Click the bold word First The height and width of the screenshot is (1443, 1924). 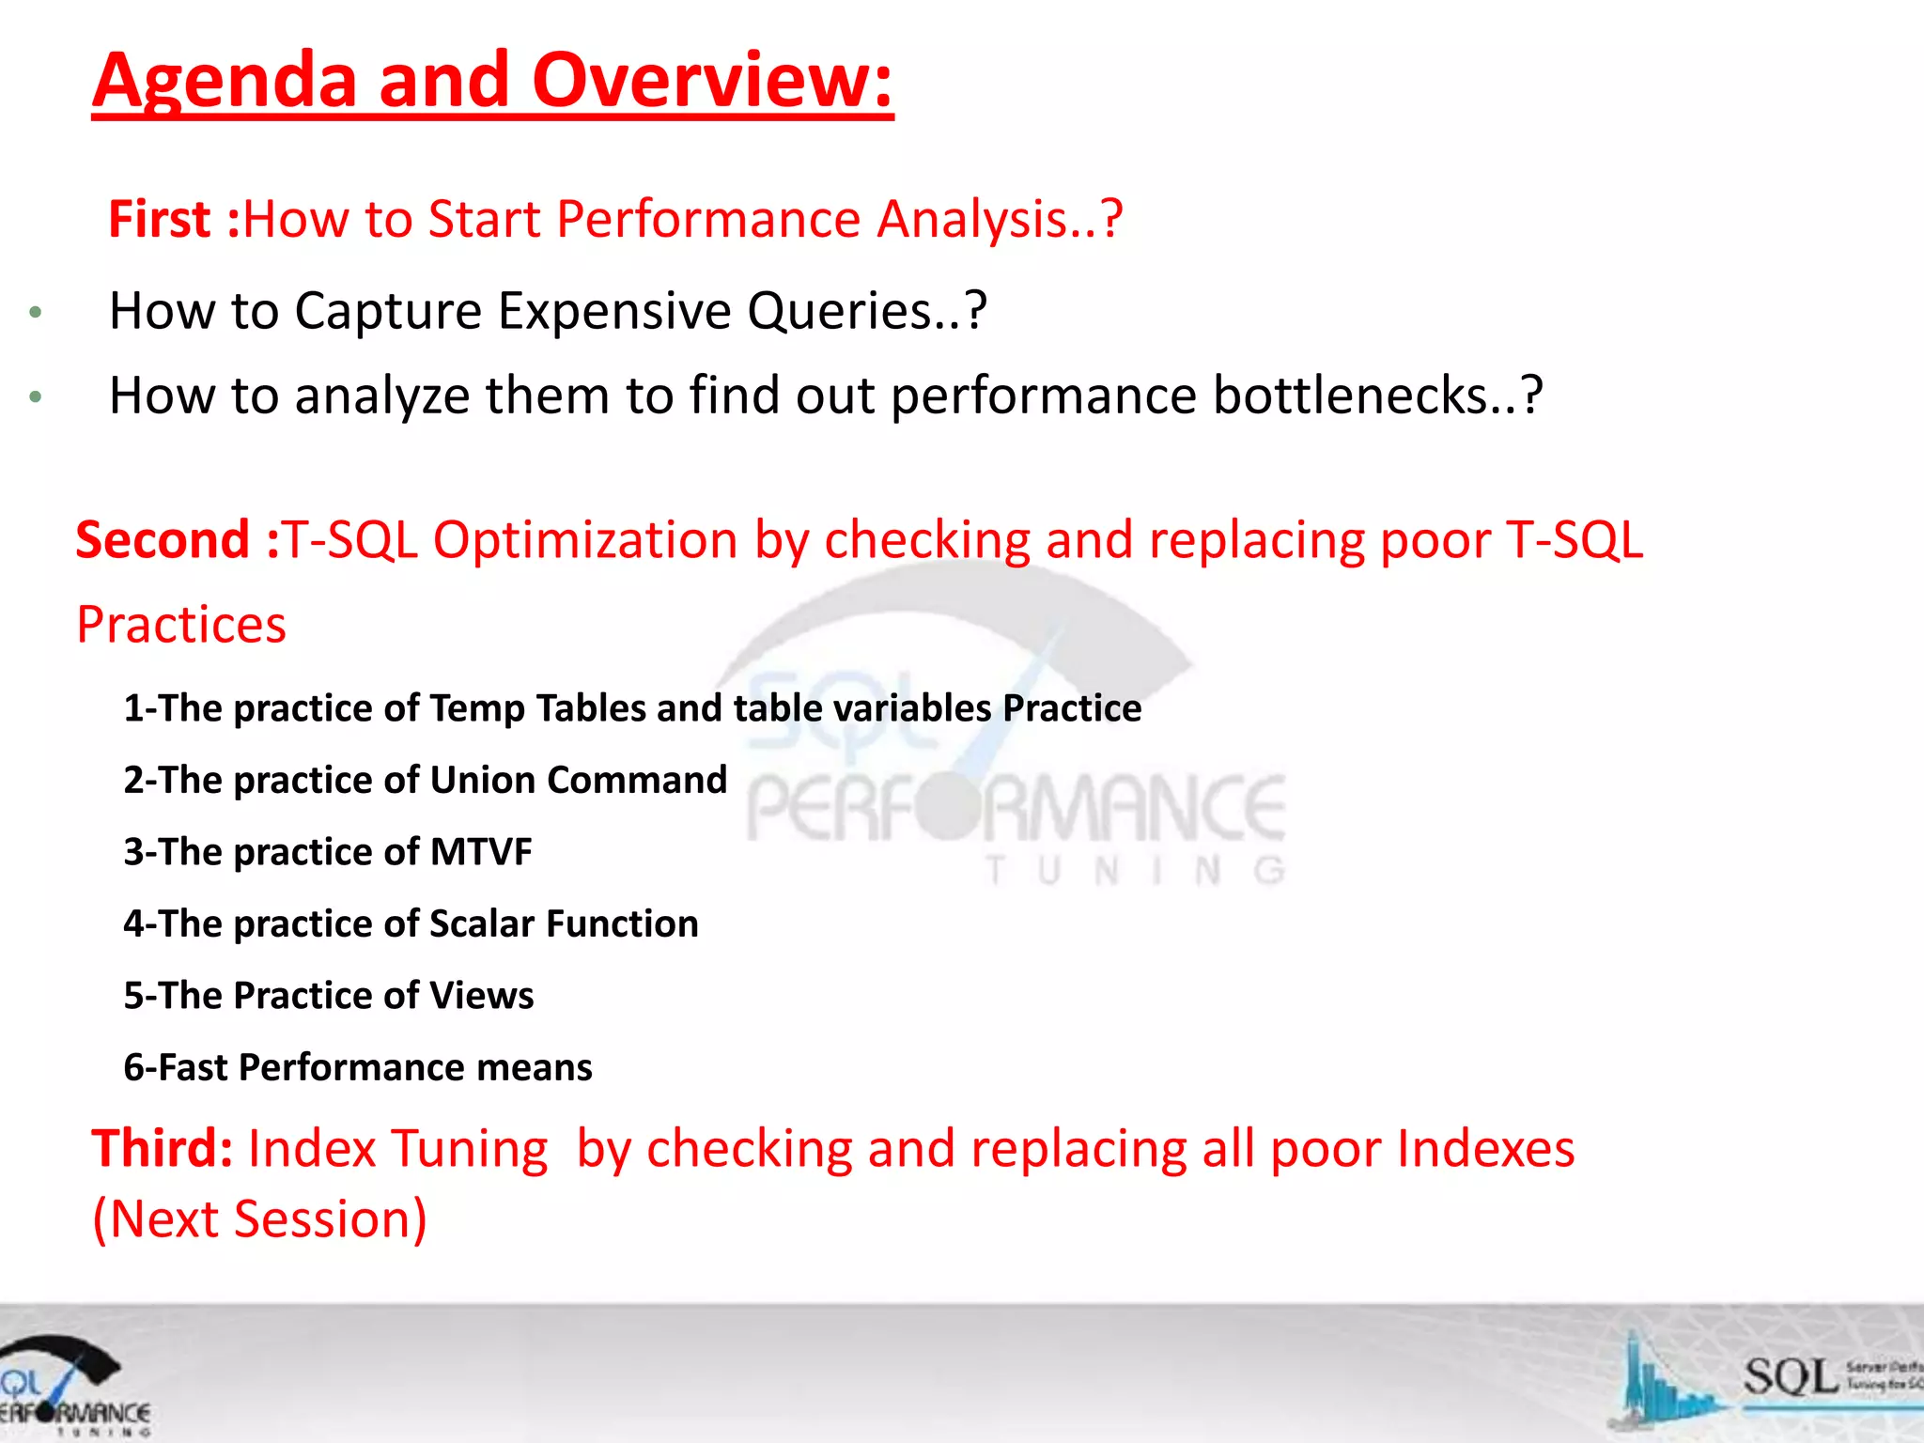pyautogui.click(x=159, y=220)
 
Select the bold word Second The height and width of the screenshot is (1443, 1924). pyautogui.click(x=163, y=541)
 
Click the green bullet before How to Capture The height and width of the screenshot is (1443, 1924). pyautogui.click(x=36, y=313)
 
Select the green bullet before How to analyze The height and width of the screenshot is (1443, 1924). pyautogui.click(x=36, y=397)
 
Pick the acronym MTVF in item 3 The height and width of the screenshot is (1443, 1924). pyautogui.click(x=480, y=852)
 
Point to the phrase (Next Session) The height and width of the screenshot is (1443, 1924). pyautogui.click(x=259, y=1219)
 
